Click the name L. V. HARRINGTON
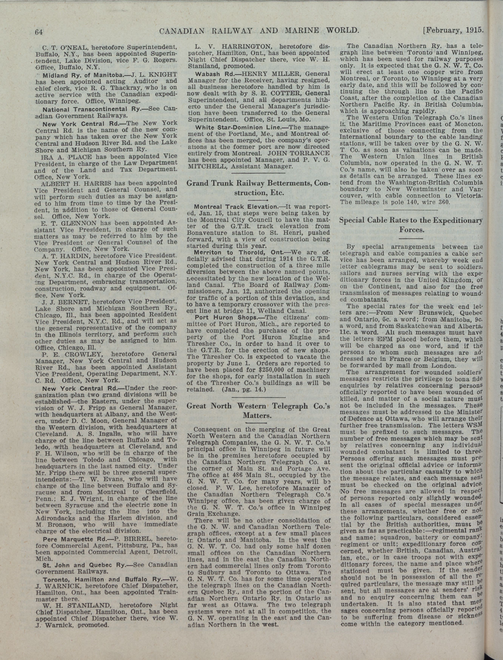coord(233,47)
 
